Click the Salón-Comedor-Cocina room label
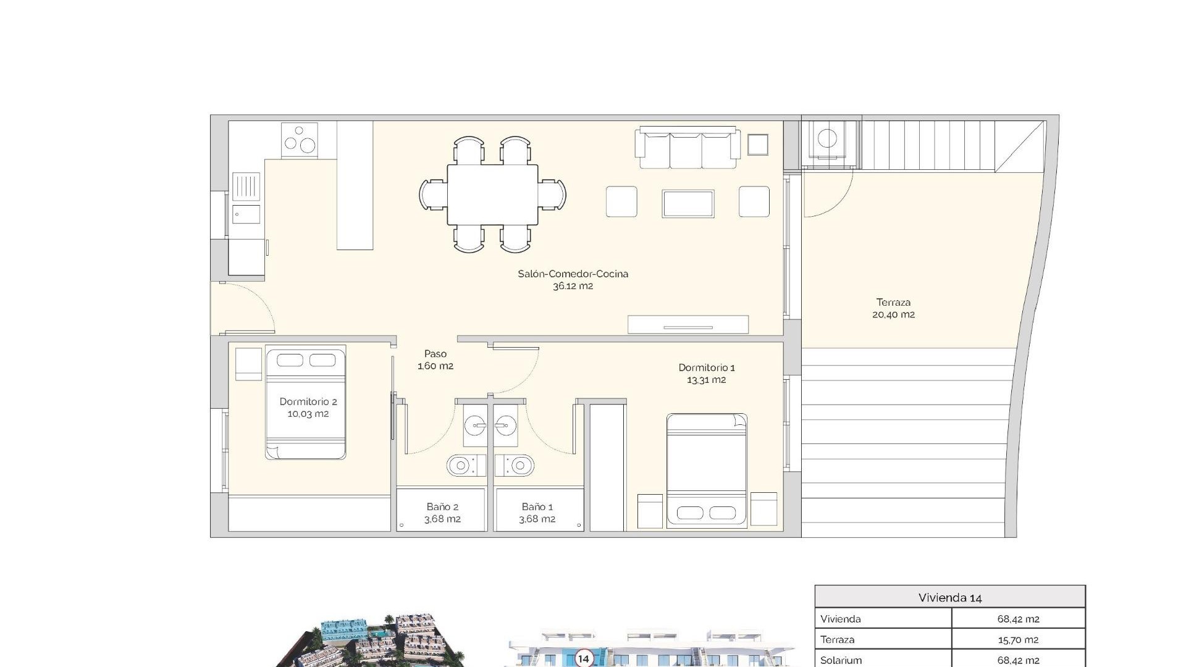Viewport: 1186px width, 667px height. (573, 274)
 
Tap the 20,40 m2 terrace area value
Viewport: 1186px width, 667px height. (893, 314)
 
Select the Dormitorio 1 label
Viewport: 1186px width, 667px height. (707, 367)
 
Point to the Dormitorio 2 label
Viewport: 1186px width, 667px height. (308, 401)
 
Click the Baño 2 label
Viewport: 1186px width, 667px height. (442, 507)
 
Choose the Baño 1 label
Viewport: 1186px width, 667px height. (537, 507)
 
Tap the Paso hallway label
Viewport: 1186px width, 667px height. (435, 354)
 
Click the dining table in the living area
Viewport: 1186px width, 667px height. (492, 195)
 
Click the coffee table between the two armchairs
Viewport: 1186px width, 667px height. (688, 203)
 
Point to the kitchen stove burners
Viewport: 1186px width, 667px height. (300, 140)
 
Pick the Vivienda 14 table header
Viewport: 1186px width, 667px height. (949, 597)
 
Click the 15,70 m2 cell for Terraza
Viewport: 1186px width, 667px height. (1018, 640)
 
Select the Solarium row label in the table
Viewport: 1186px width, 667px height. (841, 660)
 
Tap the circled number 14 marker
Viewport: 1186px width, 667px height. (583, 658)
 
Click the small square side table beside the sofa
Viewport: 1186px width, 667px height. (757, 145)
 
